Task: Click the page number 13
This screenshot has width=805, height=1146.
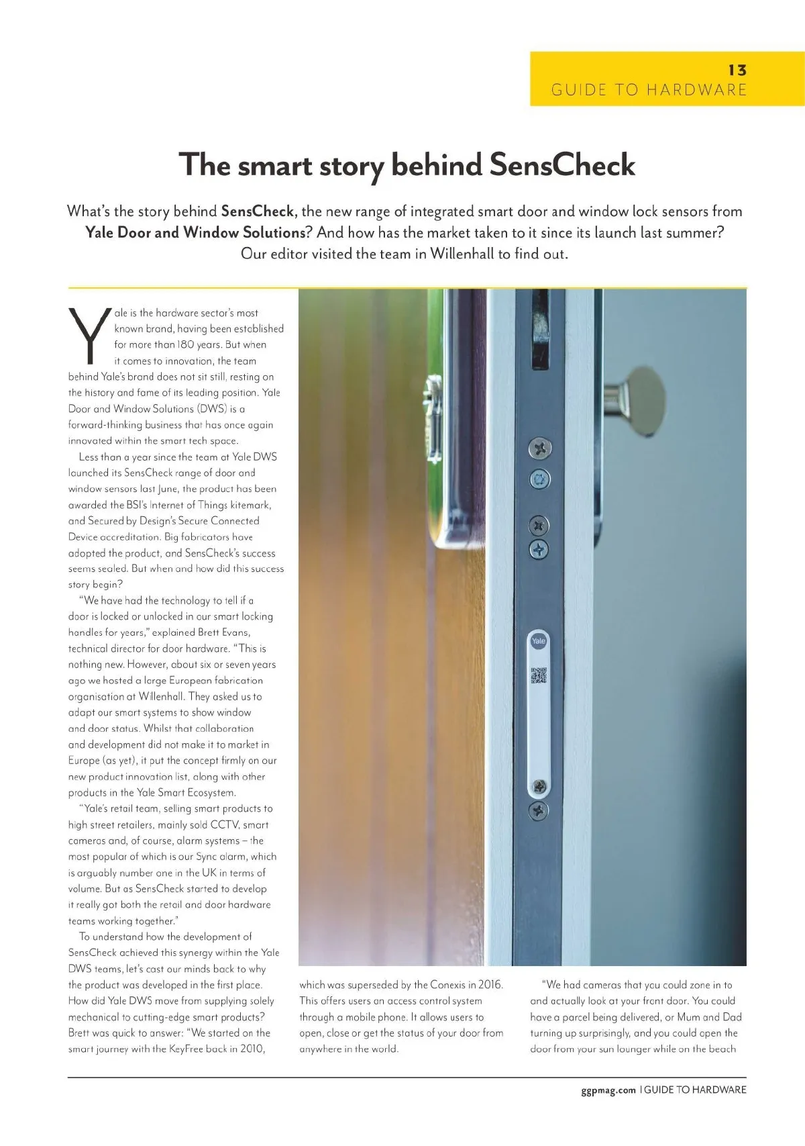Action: [x=737, y=70]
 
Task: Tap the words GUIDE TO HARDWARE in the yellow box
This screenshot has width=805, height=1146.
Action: [x=648, y=90]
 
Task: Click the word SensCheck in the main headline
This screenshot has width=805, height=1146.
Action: [x=561, y=165]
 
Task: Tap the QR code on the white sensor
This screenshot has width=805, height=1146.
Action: [x=539, y=675]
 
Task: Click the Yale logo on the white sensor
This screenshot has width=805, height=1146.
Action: [x=539, y=641]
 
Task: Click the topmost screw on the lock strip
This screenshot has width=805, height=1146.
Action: [x=540, y=448]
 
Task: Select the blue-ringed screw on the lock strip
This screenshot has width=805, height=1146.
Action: [x=540, y=479]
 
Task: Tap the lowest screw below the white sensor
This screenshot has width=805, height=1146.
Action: [x=539, y=811]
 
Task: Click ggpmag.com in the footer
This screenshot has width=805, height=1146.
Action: [x=608, y=1090]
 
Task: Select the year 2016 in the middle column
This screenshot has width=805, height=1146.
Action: [x=490, y=985]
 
